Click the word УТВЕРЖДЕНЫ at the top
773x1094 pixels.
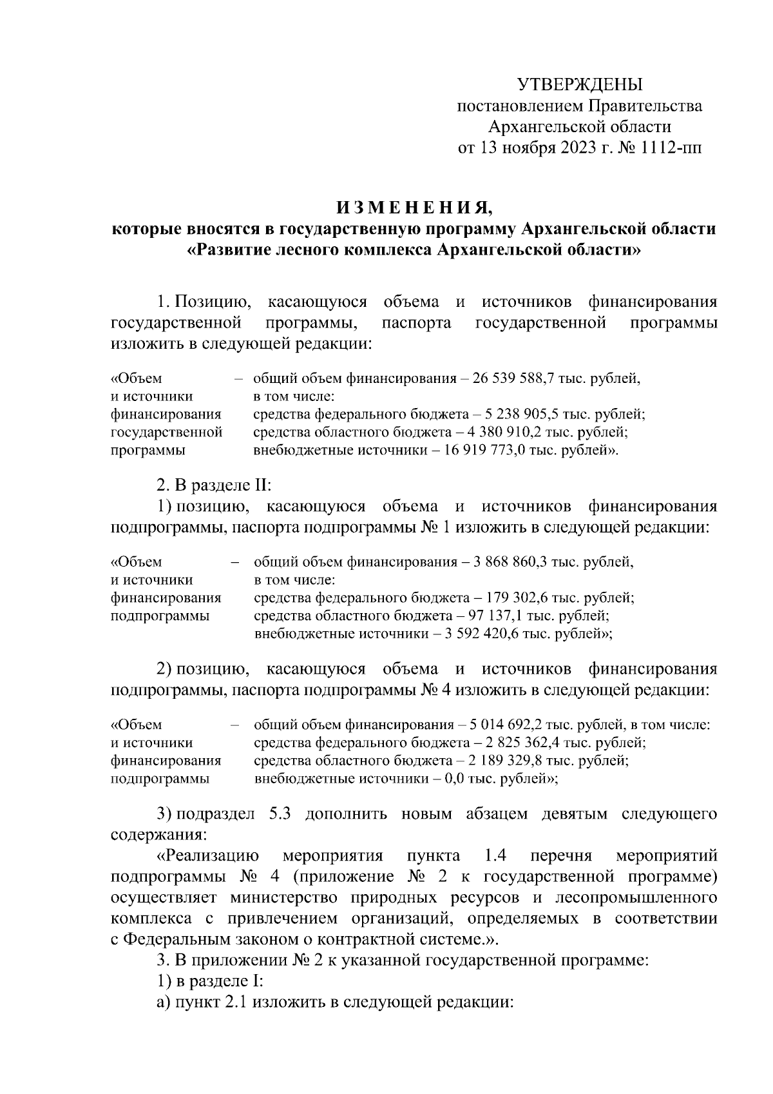[580, 84]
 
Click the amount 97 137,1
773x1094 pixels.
[506, 616]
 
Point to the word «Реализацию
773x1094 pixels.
[207, 856]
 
